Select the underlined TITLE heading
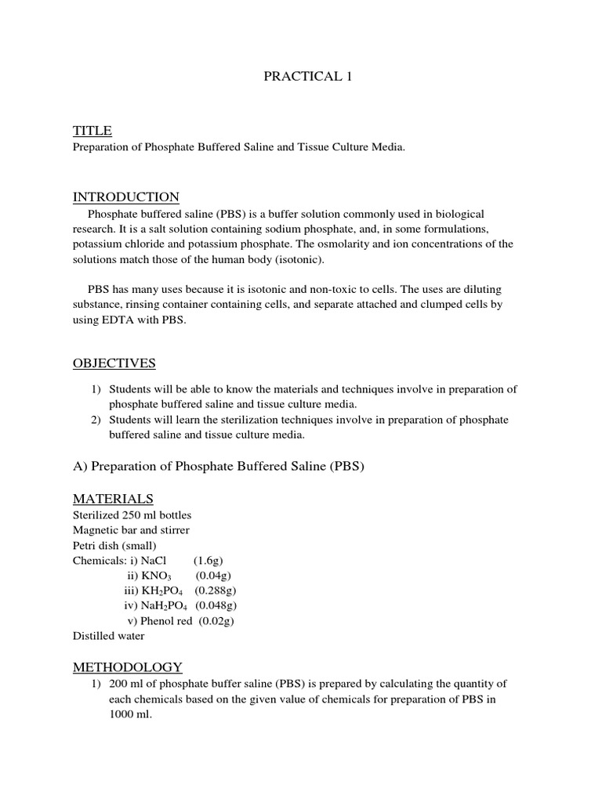click(x=92, y=130)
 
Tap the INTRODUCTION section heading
click(x=125, y=197)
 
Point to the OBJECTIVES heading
click(x=114, y=363)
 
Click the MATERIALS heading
click(x=113, y=499)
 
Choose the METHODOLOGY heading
click(x=128, y=667)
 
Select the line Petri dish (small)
click(x=114, y=545)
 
